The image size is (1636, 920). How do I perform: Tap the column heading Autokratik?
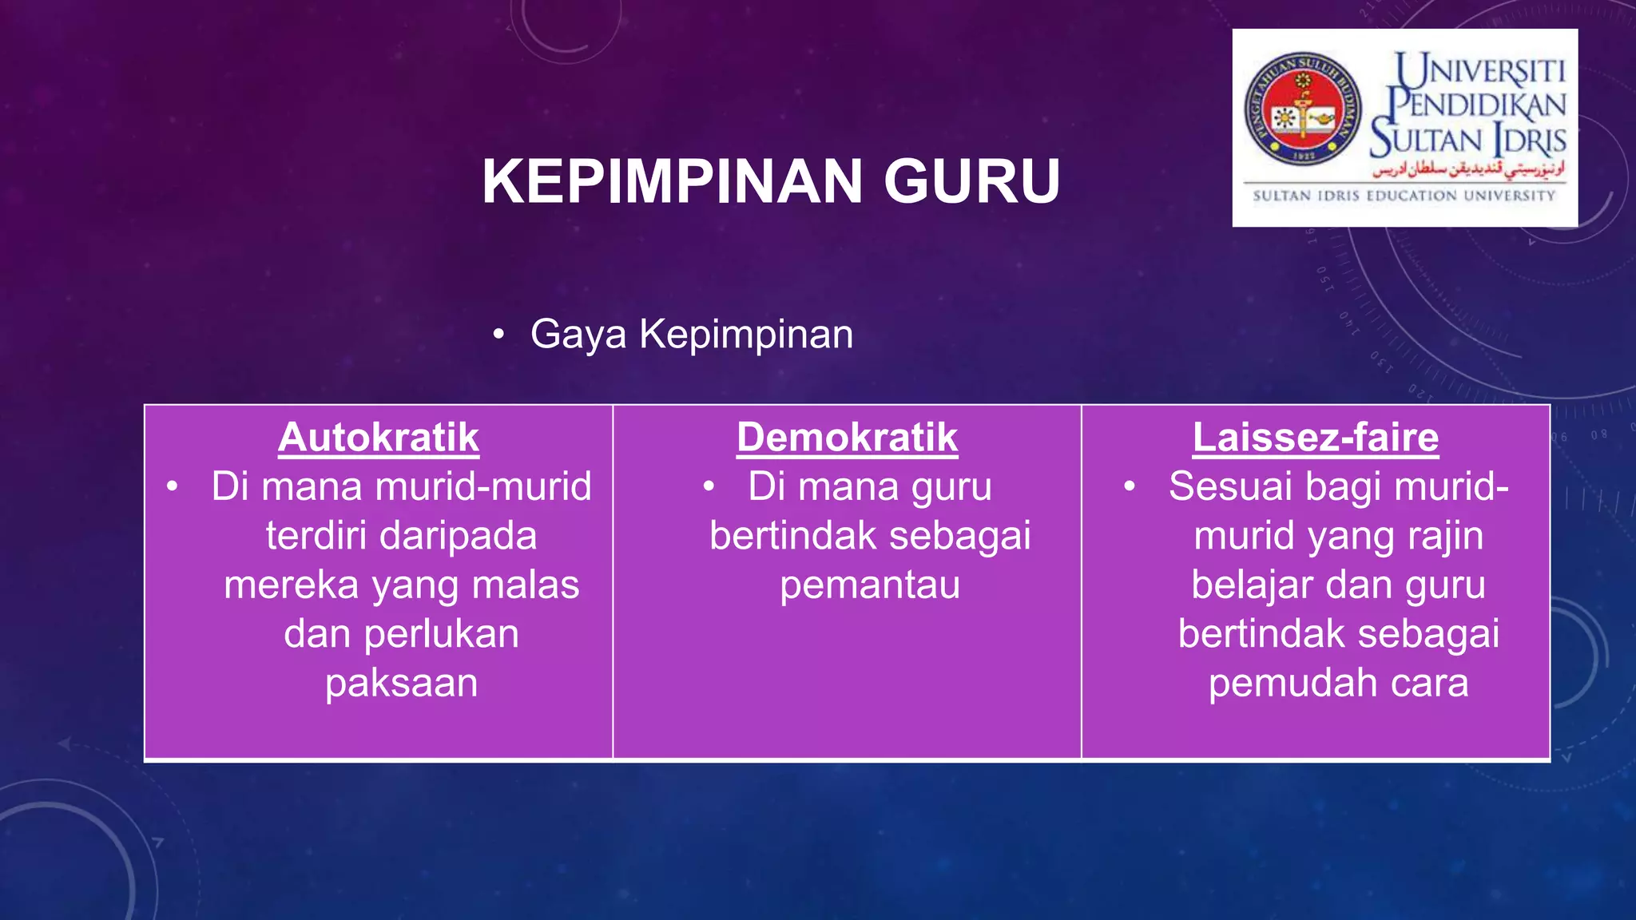click(379, 438)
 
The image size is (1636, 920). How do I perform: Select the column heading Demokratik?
click(847, 438)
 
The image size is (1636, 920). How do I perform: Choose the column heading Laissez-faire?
click(1316, 438)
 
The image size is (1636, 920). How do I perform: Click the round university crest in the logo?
click(1303, 109)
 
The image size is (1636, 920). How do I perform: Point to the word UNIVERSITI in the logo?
click(1480, 71)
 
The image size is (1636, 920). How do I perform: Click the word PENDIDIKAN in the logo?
click(1476, 105)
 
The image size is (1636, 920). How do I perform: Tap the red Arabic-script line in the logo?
click(1468, 169)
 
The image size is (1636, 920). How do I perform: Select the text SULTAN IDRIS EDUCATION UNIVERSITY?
click(1404, 196)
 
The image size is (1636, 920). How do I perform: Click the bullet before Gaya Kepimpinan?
click(498, 335)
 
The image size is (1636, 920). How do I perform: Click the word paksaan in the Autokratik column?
click(401, 684)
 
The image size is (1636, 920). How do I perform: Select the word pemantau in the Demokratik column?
click(870, 585)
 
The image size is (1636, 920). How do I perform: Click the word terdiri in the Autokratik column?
click(316, 536)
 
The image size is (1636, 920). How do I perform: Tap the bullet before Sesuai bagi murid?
click(1129, 486)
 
